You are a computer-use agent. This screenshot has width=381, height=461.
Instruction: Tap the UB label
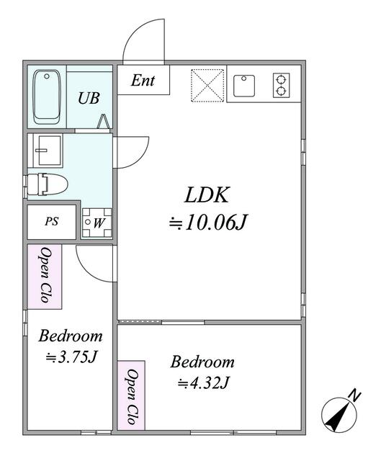[89, 98]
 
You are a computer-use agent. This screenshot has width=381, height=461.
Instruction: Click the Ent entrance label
[143, 81]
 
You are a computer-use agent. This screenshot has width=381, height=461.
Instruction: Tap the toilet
[48, 184]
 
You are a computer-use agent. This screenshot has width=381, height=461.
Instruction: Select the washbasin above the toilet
[45, 151]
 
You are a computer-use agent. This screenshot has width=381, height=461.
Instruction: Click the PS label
[51, 222]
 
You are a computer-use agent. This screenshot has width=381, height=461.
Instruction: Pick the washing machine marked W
[96, 223]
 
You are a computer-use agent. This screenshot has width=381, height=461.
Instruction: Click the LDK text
[208, 194]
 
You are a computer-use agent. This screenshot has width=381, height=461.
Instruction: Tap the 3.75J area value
[71, 357]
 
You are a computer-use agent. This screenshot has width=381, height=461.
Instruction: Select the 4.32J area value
[203, 382]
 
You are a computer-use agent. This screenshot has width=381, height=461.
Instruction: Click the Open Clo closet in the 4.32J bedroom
[132, 395]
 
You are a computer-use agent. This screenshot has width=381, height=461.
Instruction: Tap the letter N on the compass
[354, 394]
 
